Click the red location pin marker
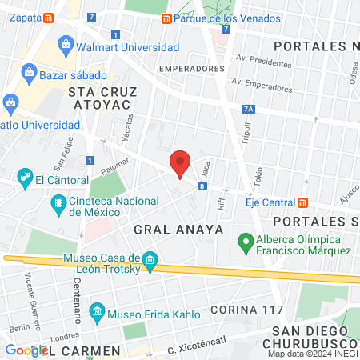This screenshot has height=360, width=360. (180, 163)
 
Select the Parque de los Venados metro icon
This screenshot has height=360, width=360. (166, 18)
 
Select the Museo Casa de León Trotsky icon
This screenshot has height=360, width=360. (150, 259)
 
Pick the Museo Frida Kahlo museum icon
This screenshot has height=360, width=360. (97, 310)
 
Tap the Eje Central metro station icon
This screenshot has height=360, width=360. (303, 201)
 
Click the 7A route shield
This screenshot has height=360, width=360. (248, 110)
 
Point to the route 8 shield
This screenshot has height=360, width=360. (202, 186)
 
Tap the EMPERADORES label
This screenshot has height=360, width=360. (191, 69)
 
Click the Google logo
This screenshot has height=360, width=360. (26, 350)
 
